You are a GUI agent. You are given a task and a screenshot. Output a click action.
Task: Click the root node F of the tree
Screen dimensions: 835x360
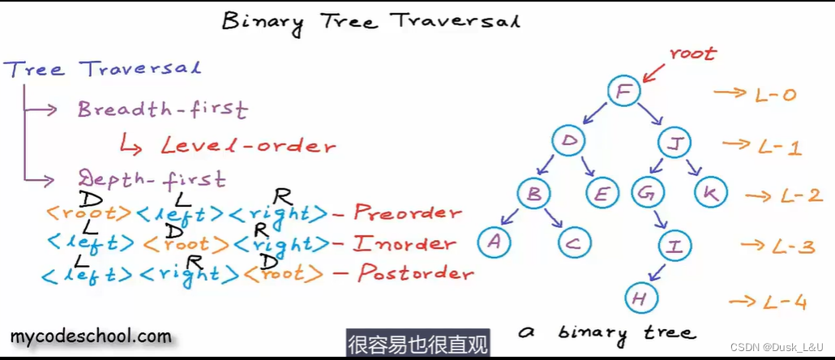coord(623,91)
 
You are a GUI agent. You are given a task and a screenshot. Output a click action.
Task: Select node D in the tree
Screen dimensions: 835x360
coord(570,142)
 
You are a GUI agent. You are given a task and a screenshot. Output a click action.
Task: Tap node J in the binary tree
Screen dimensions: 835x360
coord(674,144)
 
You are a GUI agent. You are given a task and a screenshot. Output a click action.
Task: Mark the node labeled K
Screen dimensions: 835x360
coord(710,193)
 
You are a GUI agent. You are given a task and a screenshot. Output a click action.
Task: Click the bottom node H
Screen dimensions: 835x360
coord(640,298)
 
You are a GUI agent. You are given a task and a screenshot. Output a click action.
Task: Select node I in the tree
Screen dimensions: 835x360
coord(673,244)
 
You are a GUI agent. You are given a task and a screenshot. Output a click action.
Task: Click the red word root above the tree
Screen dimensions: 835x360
coord(692,54)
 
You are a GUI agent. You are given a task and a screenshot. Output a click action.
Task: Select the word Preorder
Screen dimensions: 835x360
coord(407,213)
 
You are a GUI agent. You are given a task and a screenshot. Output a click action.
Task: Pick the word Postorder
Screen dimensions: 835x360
coord(415,273)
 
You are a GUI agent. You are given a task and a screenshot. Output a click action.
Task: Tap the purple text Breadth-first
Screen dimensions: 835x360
coord(162,109)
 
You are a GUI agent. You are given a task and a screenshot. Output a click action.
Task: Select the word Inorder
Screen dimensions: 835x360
coord(405,243)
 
